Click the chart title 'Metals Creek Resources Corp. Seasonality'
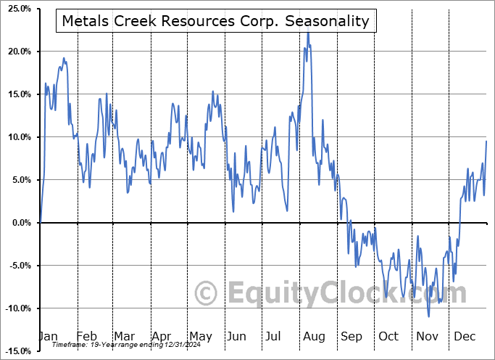215,21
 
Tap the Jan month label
48,336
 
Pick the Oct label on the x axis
388,336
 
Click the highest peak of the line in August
308,32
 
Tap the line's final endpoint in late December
486,141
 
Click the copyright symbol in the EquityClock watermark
207,294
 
